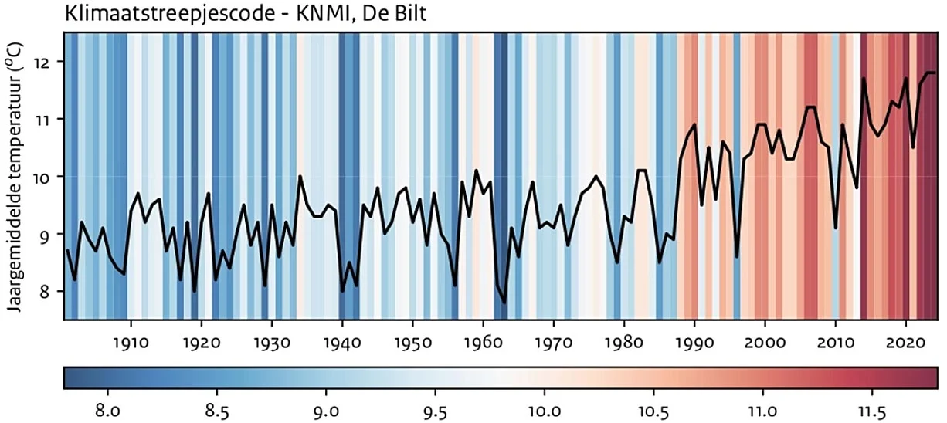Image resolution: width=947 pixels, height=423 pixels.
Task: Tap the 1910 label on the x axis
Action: (x=131, y=340)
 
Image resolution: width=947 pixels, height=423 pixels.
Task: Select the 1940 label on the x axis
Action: (x=342, y=340)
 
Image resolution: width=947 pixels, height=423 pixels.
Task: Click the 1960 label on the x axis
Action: (x=483, y=340)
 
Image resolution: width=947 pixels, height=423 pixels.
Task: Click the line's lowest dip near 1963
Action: (x=504, y=303)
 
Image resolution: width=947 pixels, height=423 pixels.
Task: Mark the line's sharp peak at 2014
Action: (x=864, y=79)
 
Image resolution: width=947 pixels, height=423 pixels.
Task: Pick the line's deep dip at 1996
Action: (x=737, y=257)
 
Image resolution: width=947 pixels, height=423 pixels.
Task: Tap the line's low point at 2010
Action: (x=836, y=228)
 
